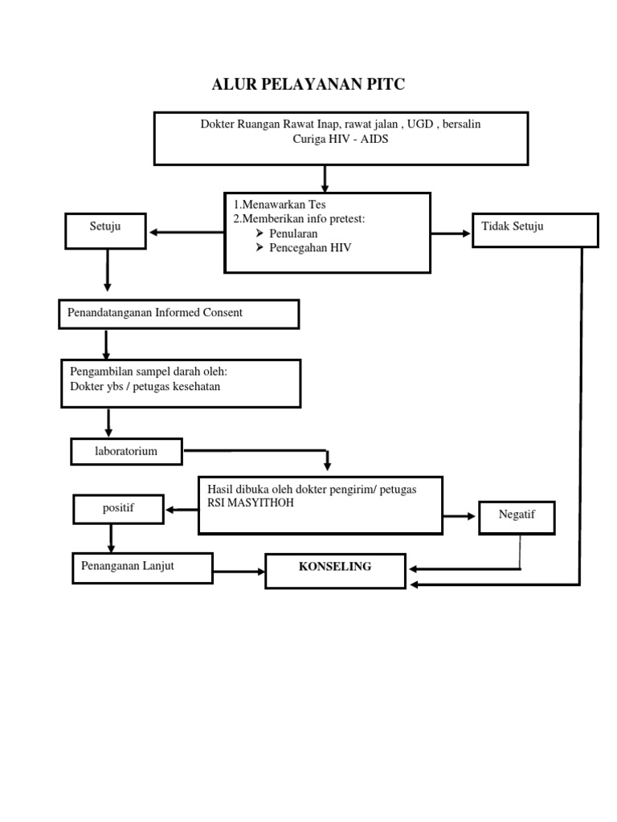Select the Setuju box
105,230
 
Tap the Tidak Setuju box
535,230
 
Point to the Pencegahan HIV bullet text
304,248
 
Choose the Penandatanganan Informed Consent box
178,314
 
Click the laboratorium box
126,452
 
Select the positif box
118,508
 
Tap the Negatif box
517,516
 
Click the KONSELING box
335,569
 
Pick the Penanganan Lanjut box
142,568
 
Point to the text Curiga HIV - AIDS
341,138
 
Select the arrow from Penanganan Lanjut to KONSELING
239,572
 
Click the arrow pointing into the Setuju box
186,233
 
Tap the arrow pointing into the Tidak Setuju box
452,234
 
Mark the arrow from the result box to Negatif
460,517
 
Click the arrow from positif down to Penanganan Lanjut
109,536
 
